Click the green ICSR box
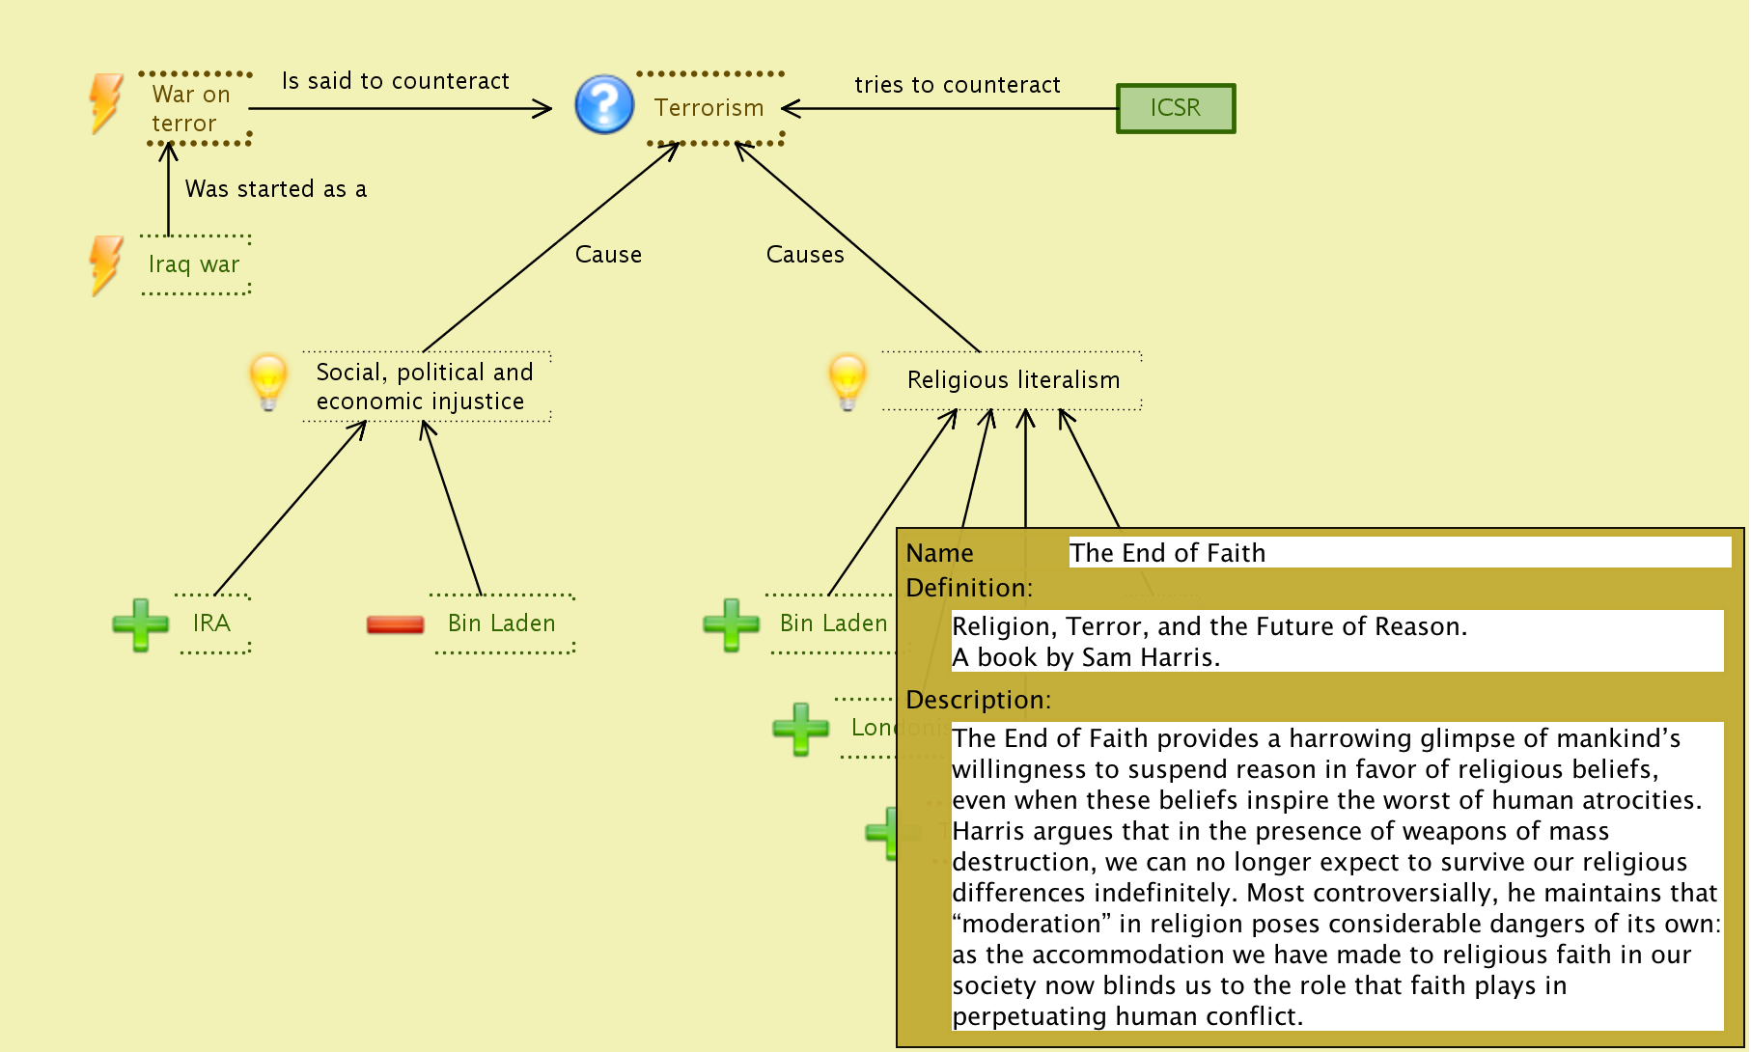(1175, 108)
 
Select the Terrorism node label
(709, 108)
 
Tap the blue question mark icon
(604, 104)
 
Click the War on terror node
(191, 108)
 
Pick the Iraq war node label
(194, 264)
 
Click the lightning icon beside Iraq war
(105, 264)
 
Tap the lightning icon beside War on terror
(105, 102)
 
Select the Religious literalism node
(1013, 380)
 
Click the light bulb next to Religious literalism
(848, 380)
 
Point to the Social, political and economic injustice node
(425, 386)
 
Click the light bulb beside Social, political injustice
(268, 380)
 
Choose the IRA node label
(211, 623)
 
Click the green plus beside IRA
(140, 624)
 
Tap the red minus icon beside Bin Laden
(395, 624)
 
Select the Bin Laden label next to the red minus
(501, 623)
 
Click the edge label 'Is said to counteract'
(395, 81)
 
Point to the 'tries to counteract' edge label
(957, 85)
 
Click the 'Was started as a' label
(275, 189)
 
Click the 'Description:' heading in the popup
(978, 700)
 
